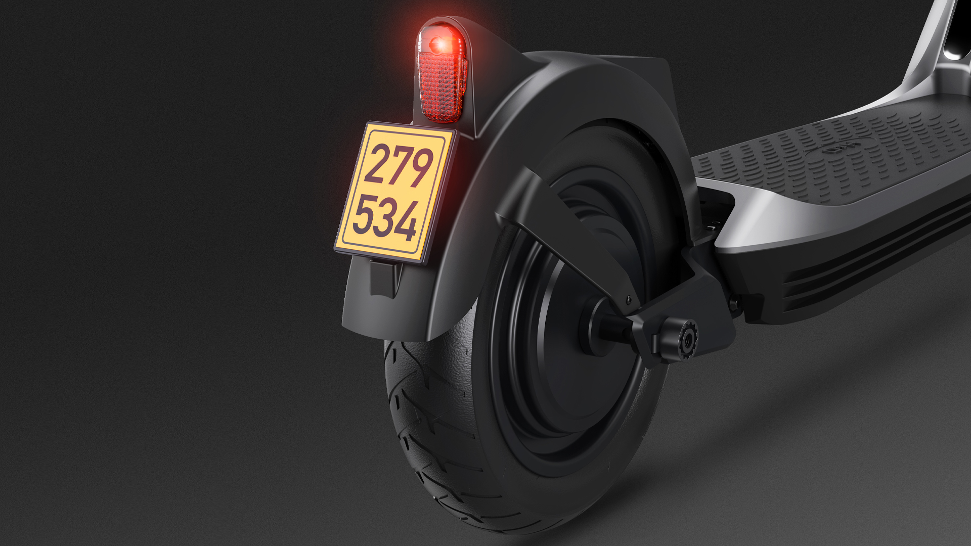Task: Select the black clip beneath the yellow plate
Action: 384,278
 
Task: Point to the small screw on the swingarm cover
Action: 629,299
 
